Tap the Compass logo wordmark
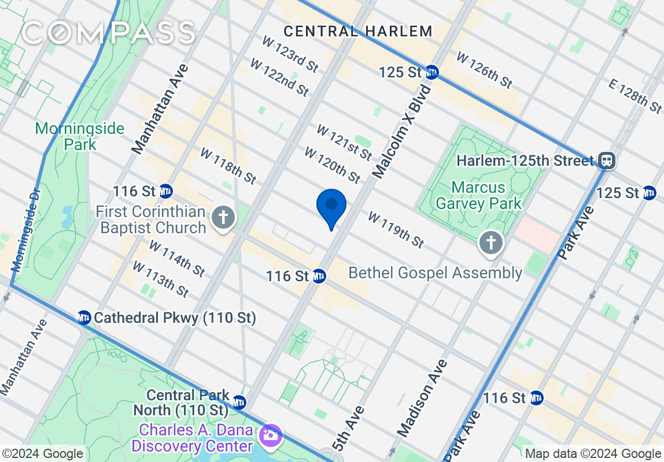pos(108,32)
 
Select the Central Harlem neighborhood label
pos(358,31)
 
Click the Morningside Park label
pos(80,136)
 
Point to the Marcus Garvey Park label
pos(478,195)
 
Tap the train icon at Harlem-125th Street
pos(607,160)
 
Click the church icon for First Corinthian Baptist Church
pos(223,218)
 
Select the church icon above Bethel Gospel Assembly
pos(491,243)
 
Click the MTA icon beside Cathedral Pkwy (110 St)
pos(84,318)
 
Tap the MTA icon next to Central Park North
pos(239,403)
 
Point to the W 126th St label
pos(484,70)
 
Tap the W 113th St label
pos(160,279)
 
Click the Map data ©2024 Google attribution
pos(592,454)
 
